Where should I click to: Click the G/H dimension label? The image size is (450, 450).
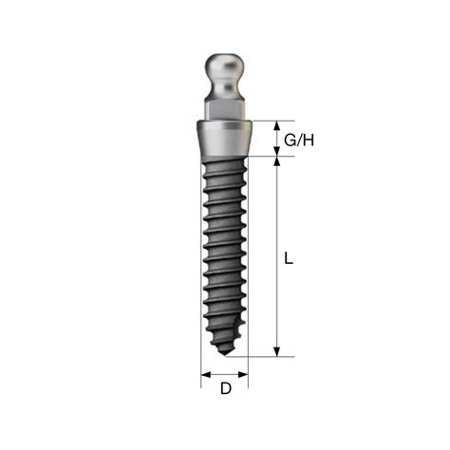coord(300,140)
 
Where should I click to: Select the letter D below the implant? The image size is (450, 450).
coord(225,387)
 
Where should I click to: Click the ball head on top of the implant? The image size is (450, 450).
coord(225,70)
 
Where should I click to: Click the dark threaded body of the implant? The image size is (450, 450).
coord(225,247)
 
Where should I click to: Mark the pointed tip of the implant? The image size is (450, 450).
coord(224,352)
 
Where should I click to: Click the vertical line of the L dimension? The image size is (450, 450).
coord(276,256)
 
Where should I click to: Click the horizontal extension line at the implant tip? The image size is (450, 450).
coord(266,357)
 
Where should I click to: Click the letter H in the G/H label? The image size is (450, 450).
coord(308,140)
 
